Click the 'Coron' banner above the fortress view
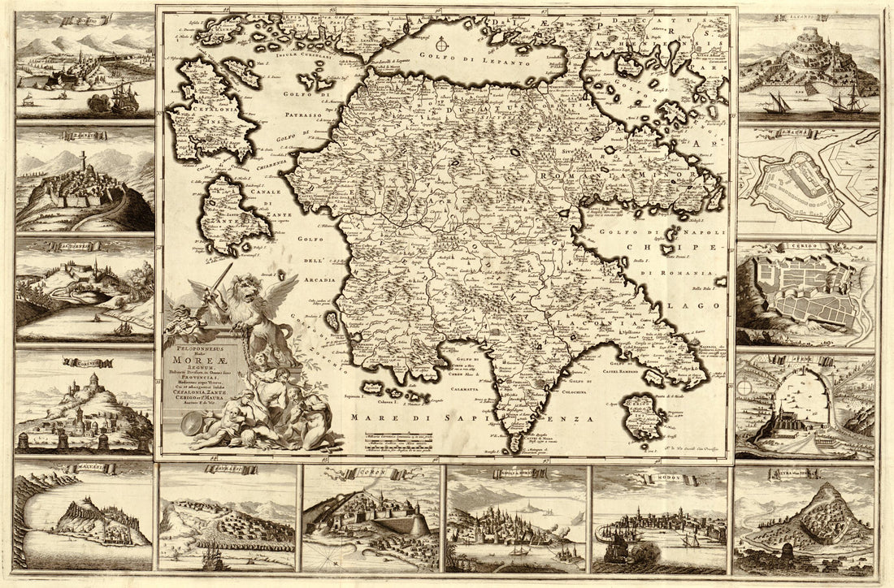(x=371, y=470)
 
